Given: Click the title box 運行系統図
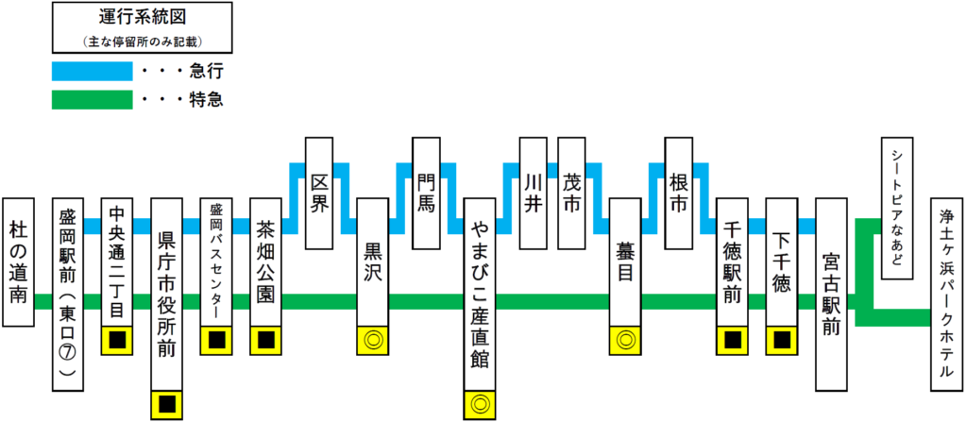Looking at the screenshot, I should tap(142, 26).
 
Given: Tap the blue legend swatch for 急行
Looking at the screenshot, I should tap(92, 71).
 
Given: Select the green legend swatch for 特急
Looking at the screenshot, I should tap(92, 99).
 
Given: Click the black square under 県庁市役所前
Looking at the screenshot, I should tap(167, 404).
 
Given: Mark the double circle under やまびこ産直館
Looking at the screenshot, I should tap(480, 404).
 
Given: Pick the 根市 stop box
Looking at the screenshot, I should tap(679, 194).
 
